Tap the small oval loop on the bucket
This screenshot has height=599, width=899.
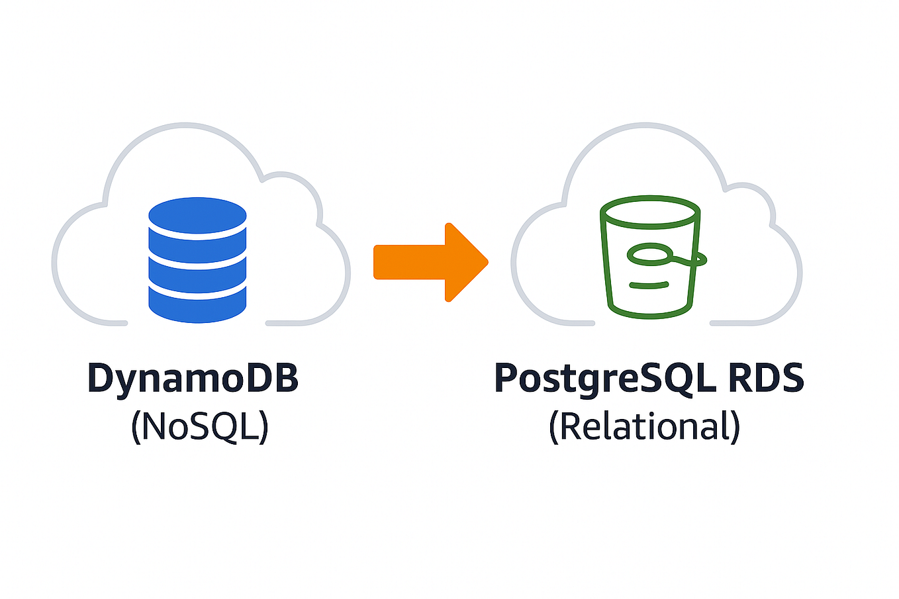649,253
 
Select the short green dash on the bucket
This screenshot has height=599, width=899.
649,286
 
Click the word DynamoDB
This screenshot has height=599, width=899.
193,378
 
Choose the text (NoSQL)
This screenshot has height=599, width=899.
200,426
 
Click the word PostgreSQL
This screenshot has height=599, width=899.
604,378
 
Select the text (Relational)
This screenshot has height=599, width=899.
644,426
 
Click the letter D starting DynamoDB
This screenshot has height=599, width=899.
101,378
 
